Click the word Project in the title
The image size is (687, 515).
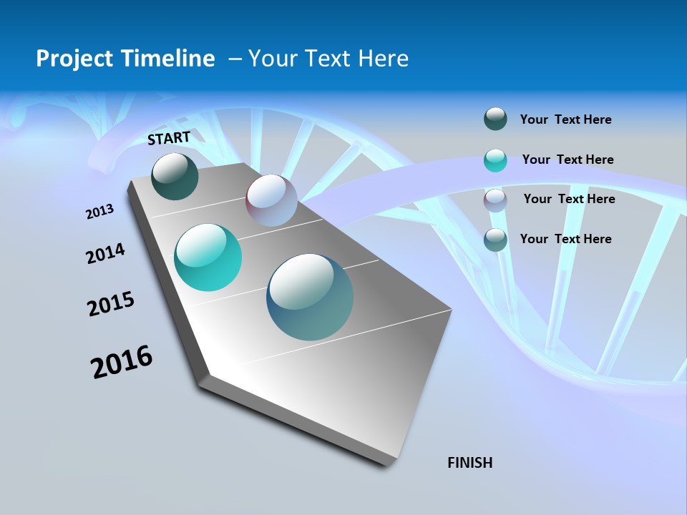point(71,59)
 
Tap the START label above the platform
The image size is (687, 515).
point(169,138)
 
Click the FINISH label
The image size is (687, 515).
point(470,463)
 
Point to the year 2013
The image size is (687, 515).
point(100,212)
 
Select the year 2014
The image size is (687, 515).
point(106,254)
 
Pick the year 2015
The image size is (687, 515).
point(111,304)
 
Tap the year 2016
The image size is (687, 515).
point(122,362)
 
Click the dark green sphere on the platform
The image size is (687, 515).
point(175,177)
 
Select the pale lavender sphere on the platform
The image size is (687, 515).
point(271,200)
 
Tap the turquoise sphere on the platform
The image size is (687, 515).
point(208,257)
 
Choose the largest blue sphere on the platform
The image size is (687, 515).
point(310,297)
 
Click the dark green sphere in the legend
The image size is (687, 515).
point(495,119)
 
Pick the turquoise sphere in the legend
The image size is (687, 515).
point(495,160)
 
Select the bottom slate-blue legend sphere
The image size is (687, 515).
point(495,240)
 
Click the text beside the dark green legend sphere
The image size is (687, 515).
point(565,119)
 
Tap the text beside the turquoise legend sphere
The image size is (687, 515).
point(567,160)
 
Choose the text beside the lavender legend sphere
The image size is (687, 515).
point(569,199)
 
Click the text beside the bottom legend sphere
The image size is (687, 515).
point(565,239)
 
